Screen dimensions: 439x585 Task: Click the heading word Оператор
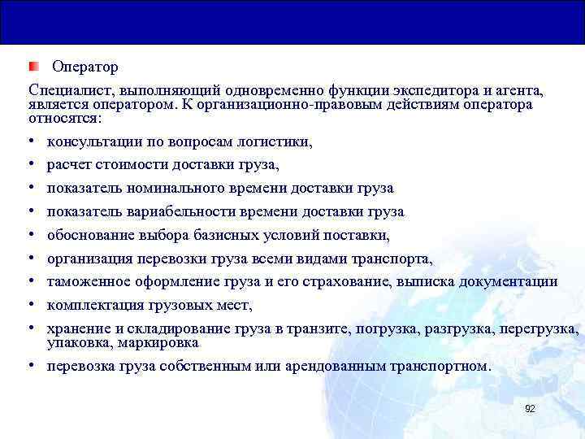coord(85,65)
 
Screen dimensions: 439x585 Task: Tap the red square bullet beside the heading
coord(33,65)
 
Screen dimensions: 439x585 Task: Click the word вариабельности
coord(174,212)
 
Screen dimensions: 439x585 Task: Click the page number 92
coord(530,409)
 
